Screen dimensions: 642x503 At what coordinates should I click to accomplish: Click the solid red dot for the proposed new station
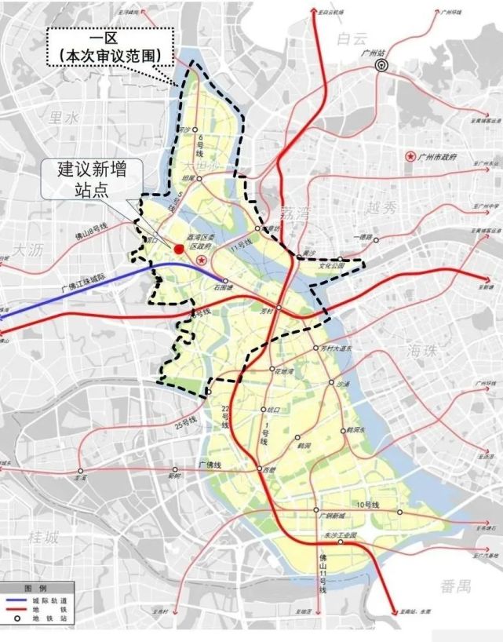pyautogui.click(x=179, y=249)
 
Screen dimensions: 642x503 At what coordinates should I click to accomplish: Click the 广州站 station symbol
pyautogui.click(x=382, y=66)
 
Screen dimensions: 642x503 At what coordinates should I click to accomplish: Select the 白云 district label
pyautogui.click(x=352, y=38)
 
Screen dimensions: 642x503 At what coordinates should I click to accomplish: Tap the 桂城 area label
pyautogui.click(x=43, y=538)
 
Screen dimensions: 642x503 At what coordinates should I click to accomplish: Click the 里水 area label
pyautogui.click(x=65, y=118)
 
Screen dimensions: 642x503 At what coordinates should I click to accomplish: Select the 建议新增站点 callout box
pyautogui.click(x=91, y=179)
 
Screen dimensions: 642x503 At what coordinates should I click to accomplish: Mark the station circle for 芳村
pyautogui.click(x=279, y=308)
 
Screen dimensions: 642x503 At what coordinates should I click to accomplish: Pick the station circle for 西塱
pyautogui.click(x=261, y=469)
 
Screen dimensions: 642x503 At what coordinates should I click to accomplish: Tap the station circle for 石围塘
pyautogui.click(x=226, y=280)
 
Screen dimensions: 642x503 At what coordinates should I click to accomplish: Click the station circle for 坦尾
pyautogui.click(x=200, y=178)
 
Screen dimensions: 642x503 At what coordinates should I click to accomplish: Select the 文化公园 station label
pyautogui.click(x=331, y=267)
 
